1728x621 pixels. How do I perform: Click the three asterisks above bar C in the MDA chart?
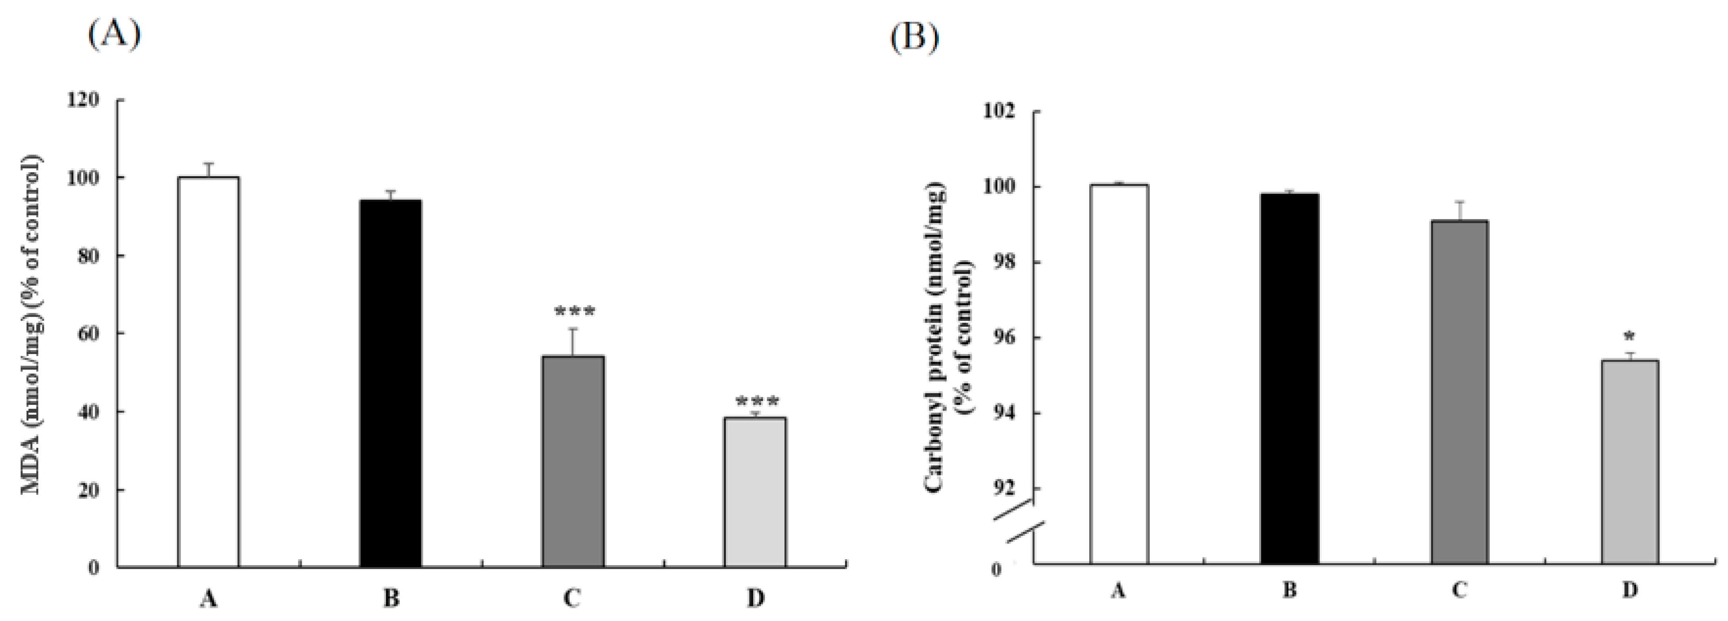[574, 312]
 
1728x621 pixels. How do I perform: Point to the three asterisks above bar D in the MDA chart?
[757, 402]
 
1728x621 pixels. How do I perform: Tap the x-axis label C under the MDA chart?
[571, 598]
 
